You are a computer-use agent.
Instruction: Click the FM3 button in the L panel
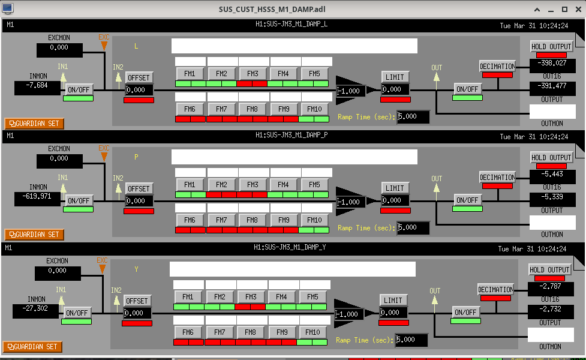pos(253,74)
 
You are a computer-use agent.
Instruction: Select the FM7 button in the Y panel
pos(220,332)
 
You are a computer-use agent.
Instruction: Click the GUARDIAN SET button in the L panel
pos(34,123)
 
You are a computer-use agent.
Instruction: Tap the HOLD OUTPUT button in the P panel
pos(552,158)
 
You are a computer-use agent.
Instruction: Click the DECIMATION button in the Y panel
pos(495,290)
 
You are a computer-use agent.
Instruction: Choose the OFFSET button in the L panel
pos(139,77)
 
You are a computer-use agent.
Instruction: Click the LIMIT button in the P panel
pos(395,188)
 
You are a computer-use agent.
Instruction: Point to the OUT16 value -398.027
pos(552,63)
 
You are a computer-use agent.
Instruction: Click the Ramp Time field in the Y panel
pos(411,340)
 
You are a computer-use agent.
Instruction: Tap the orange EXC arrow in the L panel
pos(104,45)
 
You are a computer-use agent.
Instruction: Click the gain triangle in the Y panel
pos(351,314)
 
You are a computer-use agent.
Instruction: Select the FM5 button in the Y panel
pos(312,297)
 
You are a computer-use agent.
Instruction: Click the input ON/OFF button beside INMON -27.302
pos(77,313)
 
